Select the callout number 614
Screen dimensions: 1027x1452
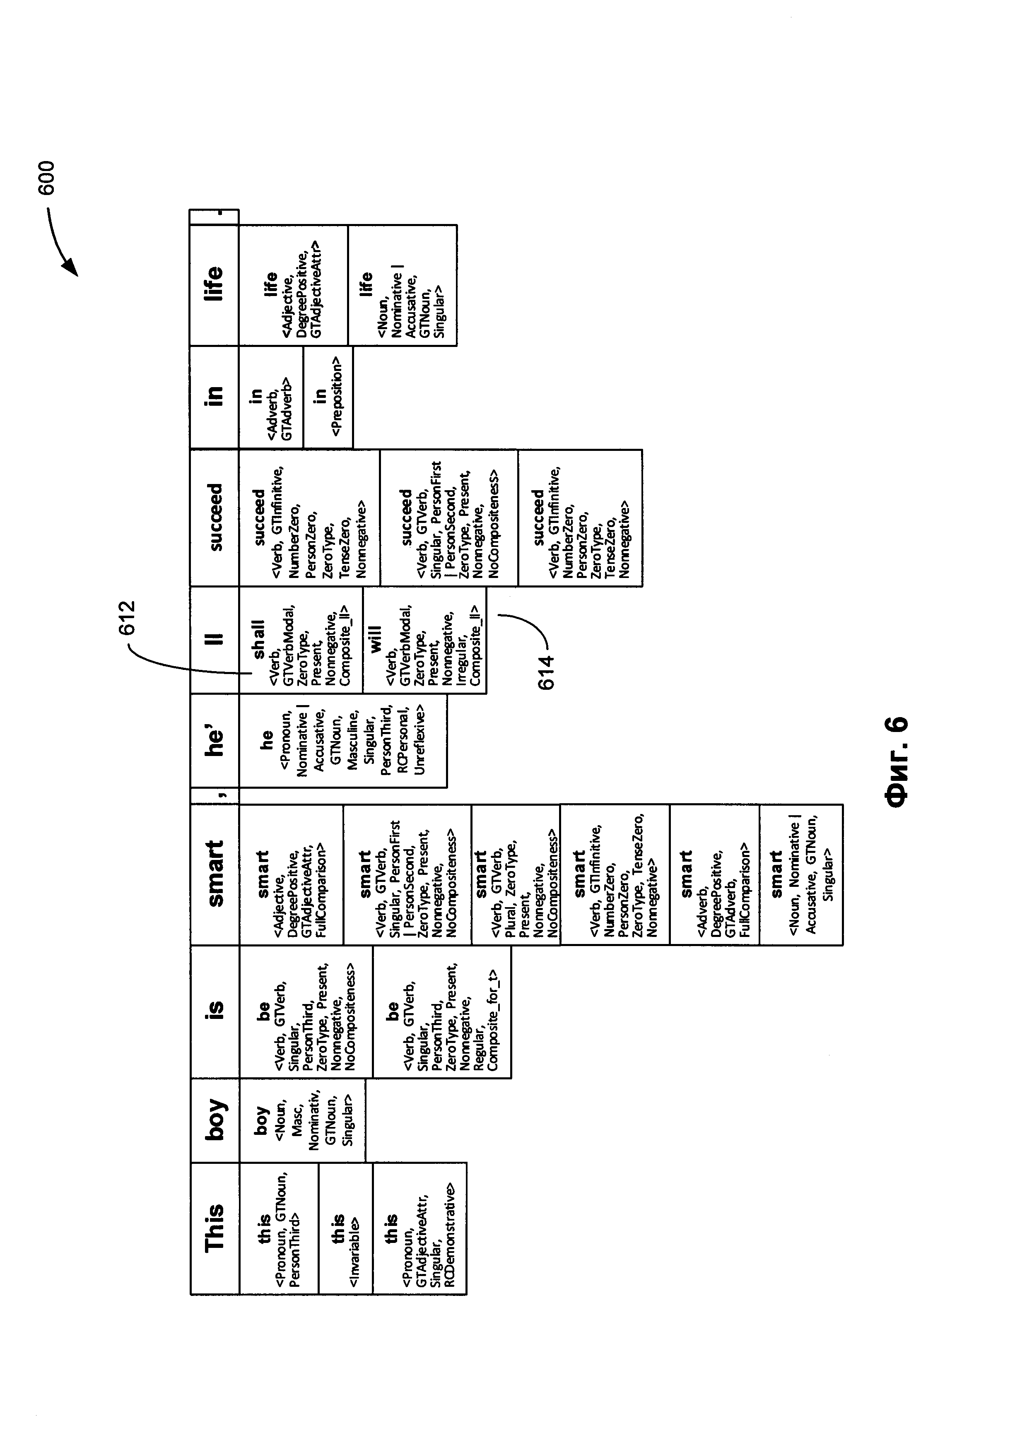coord(545,672)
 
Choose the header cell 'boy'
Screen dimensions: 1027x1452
coord(215,1120)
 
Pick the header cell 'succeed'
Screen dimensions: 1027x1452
coord(215,517)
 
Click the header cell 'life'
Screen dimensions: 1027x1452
coord(215,283)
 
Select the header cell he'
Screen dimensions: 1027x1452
coord(215,741)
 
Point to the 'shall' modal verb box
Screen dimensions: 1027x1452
coord(300,640)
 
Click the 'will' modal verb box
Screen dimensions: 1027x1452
coord(424,640)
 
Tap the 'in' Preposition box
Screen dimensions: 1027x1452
coord(328,397)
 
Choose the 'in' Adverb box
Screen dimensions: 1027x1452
coord(271,397)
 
